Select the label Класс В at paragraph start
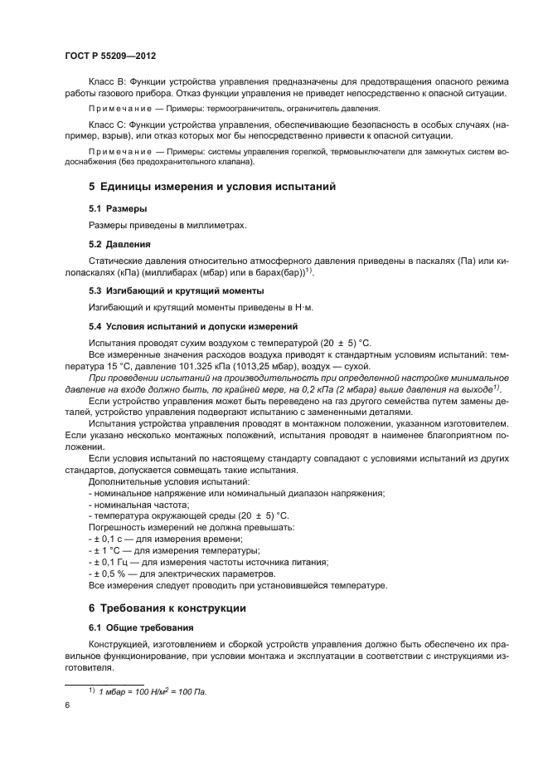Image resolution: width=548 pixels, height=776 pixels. (106, 81)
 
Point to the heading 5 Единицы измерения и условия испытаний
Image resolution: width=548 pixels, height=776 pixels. (211, 188)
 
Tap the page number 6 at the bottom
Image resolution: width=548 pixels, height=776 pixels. (66, 705)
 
